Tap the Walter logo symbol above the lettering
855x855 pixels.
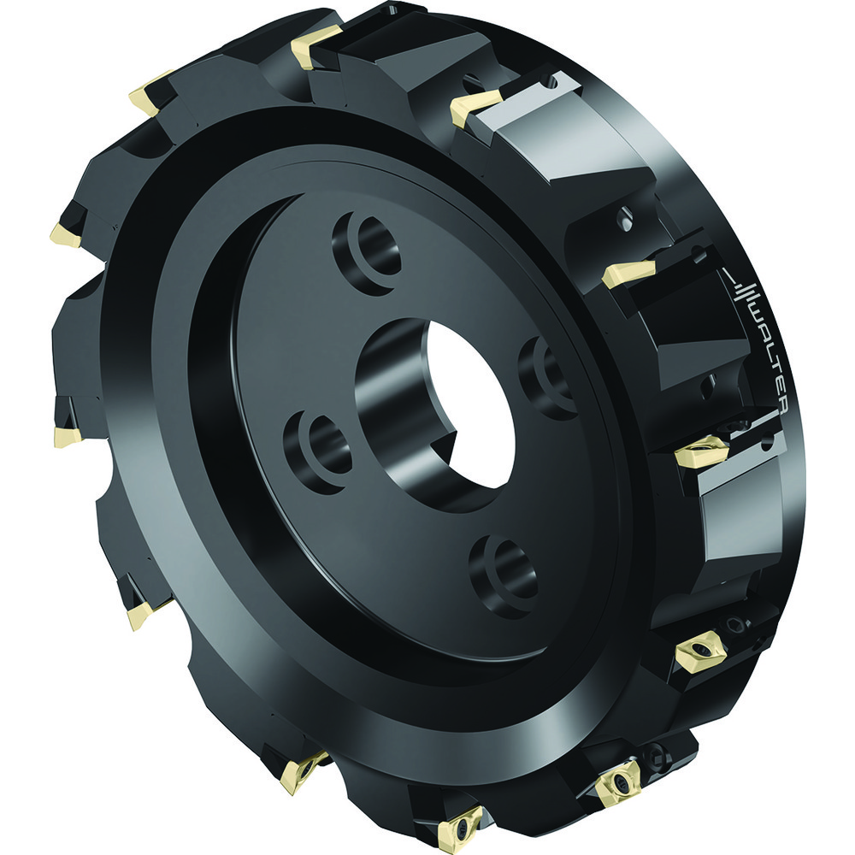[743, 289]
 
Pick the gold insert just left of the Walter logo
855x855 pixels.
[628, 274]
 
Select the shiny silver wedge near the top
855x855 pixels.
[547, 128]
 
